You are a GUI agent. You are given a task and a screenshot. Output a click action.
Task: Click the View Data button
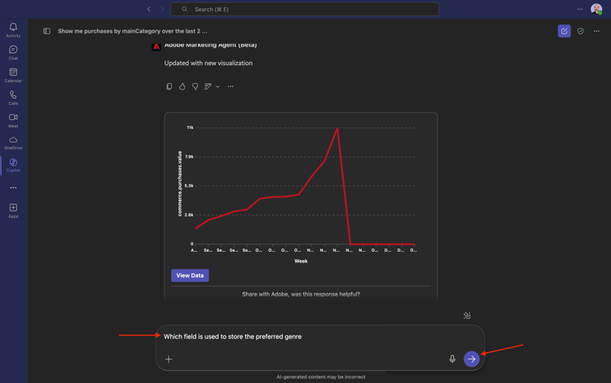pyautogui.click(x=190, y=275)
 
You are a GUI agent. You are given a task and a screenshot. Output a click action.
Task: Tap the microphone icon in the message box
pyautogui.click(x=452, y=359)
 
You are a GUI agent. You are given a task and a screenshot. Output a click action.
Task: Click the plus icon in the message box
pyautogui.click(x=169, y=359)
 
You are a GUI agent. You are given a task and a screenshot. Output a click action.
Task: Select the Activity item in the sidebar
pyautogui.click(x=13, y=30)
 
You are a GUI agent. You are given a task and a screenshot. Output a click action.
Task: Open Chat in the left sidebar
pyautogui.click(x=13, y=53)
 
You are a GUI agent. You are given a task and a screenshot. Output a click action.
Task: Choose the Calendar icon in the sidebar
pyautogui.click(x=13, y=75)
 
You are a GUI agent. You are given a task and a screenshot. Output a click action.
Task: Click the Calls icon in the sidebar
pyautogui.click(x=13, y=98)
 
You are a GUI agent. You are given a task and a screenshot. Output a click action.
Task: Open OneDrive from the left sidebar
pyautogui.click(x=13, y=143)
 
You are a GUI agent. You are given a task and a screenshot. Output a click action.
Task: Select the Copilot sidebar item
pyautogui.click(x=13, y=165)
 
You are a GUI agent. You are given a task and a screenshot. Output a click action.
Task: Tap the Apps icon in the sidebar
pyautogui.click(x=13, y=210)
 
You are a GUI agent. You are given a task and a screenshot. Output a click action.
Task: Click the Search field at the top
pyautogui.click(x=305, y=9)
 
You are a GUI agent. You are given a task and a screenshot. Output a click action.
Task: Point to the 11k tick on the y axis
pyautogui.click(x=190, y=127)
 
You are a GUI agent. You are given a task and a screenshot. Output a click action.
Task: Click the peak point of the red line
pyautogui.click(x=337, y=128)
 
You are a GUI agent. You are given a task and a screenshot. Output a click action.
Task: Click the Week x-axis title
pyautogui.click(x=301, y=261)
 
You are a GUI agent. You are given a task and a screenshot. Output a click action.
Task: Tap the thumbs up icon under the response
pyautogui.click(x=182, y=86)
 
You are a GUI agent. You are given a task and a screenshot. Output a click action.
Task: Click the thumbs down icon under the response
pyautogui.click(x=195, y=86)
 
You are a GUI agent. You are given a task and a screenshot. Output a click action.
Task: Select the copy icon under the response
pyautogui.click(x=169, y=86)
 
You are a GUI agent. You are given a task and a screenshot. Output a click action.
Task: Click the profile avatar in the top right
pyautogui.click(x=596, y=9)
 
